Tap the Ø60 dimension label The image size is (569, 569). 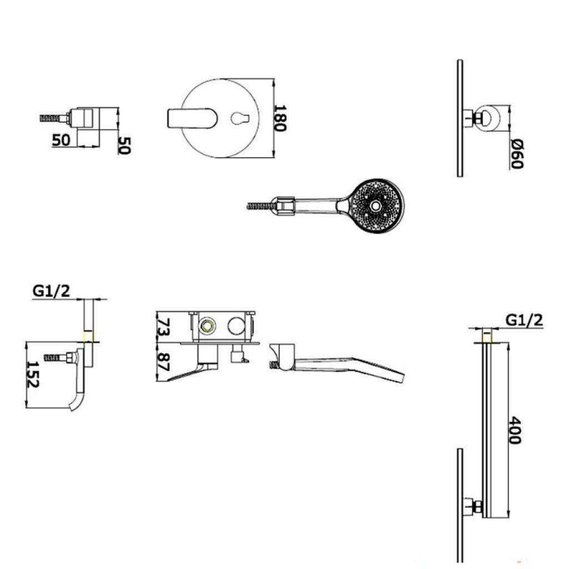click(518, 154)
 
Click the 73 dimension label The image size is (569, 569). click(165, 326)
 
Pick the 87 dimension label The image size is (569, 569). click(165, 362)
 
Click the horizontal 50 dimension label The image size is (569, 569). click(61, 140)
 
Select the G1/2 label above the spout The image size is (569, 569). click(52, 291)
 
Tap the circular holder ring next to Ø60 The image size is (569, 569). click(487, 118)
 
